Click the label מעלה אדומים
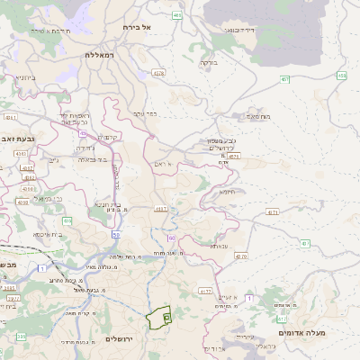point(301,333)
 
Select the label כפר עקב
point(145,113)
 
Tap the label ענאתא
point(220,245)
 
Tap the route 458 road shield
point(342,76)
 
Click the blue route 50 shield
point(116,234)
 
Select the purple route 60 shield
point(171,238)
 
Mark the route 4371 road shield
point(273,212)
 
